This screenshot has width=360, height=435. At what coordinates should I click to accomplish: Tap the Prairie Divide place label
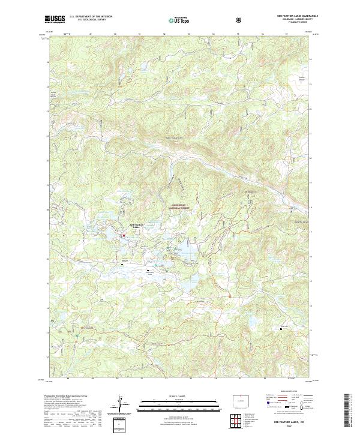(x=302, y=78)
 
